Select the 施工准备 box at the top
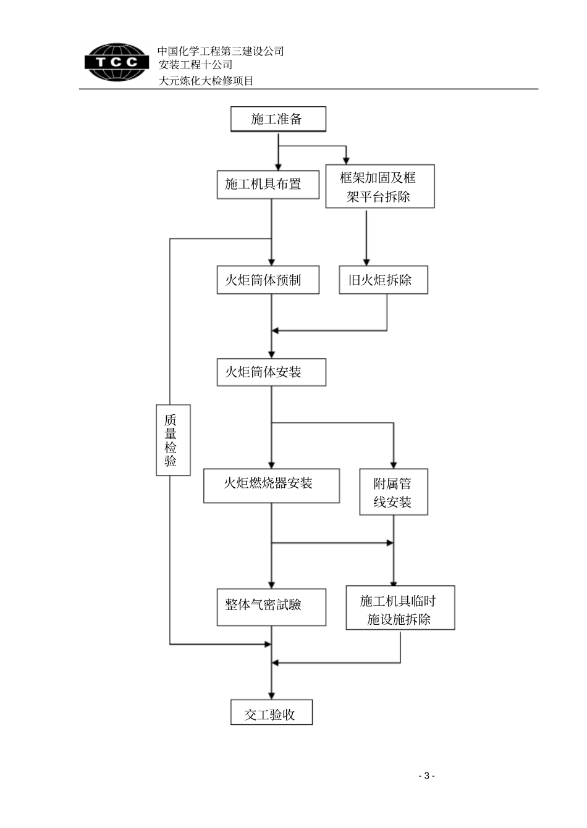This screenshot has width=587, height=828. (277, 119)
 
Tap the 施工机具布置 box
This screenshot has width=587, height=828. (268, 185)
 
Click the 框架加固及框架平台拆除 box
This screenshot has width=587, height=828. (379, 186)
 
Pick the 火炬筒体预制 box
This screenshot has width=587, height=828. (268, 280)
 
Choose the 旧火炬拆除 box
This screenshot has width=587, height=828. (383, 280)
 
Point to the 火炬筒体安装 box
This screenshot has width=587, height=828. (271, 372)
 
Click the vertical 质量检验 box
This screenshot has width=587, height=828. (172, 440)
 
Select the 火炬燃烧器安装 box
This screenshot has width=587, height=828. (271, 485)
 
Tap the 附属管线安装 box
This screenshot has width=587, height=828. (394, 492)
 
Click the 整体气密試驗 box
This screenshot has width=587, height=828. (271, 604)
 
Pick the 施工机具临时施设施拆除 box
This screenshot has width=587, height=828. (400, 608)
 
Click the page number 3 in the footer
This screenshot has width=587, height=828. (426, 776)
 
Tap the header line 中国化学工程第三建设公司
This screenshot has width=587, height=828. (221, 51)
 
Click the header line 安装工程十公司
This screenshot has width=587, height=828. (195, 65)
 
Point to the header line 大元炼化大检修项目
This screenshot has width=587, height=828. (206, 80)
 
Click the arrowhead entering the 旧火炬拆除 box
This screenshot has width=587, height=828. (366, 262)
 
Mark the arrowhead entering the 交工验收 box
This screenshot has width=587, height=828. (271, 696)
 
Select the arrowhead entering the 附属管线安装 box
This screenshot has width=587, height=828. (394, 465)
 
